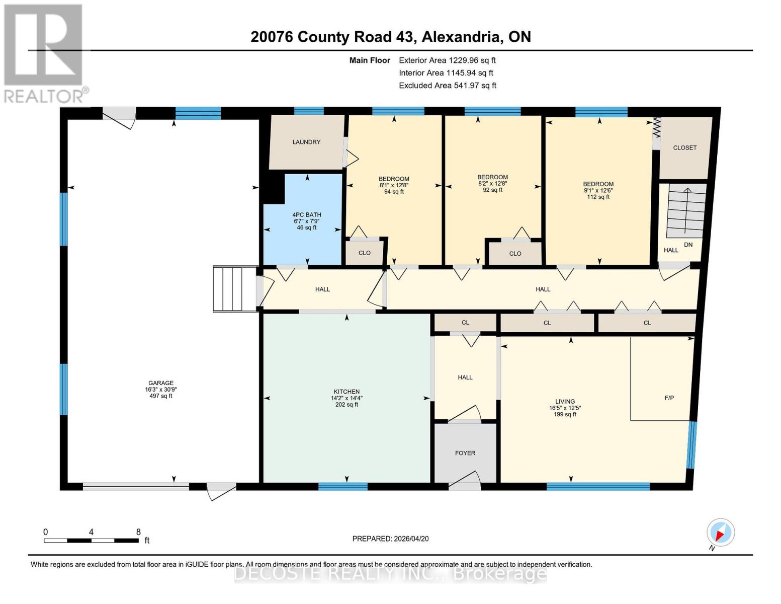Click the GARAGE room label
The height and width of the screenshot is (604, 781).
click(160, 383)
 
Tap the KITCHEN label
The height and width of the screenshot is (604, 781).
click(346, 392)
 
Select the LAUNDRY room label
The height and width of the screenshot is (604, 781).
click(306, 142)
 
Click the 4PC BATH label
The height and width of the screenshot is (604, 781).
click(307, 215)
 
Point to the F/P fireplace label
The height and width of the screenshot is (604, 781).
click(669, 398)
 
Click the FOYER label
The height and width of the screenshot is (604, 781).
click(465, 453)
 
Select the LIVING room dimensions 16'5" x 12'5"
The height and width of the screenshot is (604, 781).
click(565, 408)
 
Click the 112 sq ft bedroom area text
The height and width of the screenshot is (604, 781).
click(598, 197)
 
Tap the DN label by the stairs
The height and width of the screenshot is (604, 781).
click(688, 245)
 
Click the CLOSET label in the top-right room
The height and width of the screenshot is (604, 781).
click(684, 147)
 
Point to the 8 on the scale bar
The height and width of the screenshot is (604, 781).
click(138, 532)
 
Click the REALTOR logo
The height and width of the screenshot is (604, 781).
click(44, 53)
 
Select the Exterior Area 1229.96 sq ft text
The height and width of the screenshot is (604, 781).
click(447, 60)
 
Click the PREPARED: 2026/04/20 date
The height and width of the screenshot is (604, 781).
click(390, 539)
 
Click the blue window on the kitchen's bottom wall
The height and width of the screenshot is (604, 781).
click(343, 486)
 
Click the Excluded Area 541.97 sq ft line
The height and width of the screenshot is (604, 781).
click(447, 86)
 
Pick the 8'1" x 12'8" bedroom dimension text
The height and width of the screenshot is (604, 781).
click(394, 185)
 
